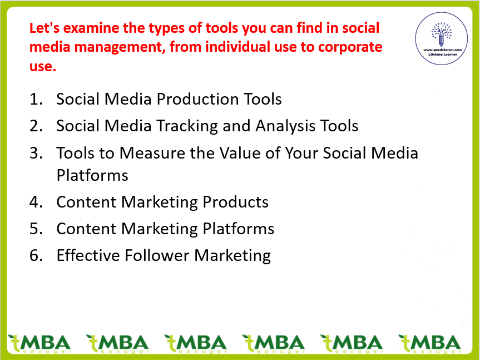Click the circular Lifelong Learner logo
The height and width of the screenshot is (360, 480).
[x=441, y=38]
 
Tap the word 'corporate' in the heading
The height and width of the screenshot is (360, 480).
[x=350, y=47]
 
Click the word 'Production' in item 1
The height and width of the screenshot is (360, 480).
[x=197, y=99]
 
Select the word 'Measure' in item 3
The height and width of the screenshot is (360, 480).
[x=152, y=153]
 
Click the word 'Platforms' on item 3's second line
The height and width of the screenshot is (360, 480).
[x=92, y=175]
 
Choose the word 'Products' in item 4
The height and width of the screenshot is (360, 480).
[x=235, y=202]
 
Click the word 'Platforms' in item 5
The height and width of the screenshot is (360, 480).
[x=239, y=229]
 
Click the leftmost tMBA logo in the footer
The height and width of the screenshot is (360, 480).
[x=40, y=343]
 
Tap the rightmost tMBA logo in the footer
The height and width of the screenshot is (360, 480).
[x=430, y=343]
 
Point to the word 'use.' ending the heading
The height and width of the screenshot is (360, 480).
[x=43, y=66]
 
